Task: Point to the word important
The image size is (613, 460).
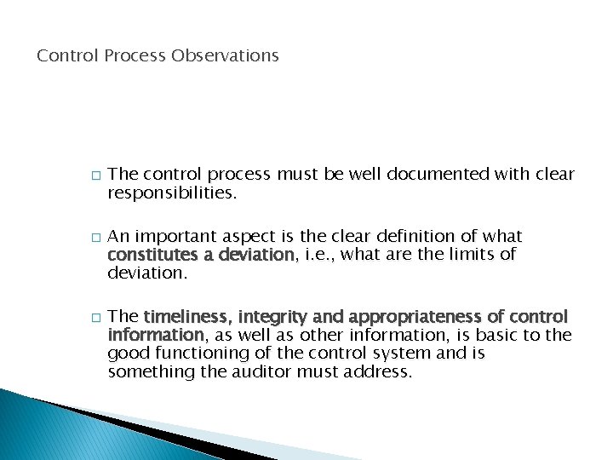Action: [179, 236]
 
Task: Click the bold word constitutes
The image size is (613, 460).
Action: [153, 254]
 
